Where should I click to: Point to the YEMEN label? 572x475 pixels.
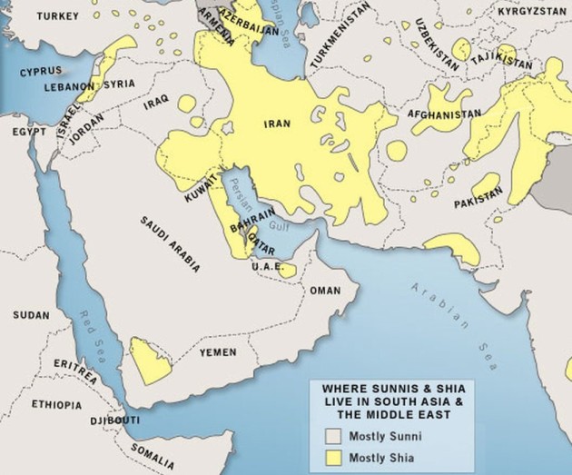(218, 351)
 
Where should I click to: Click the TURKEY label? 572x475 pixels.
(35, 16)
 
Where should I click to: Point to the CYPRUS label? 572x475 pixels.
(42, 70)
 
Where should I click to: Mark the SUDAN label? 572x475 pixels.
(32, 314)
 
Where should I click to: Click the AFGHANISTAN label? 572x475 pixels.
(444, 114)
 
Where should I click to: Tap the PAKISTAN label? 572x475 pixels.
(478, 196)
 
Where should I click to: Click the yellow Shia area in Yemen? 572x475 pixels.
(145, 360)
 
